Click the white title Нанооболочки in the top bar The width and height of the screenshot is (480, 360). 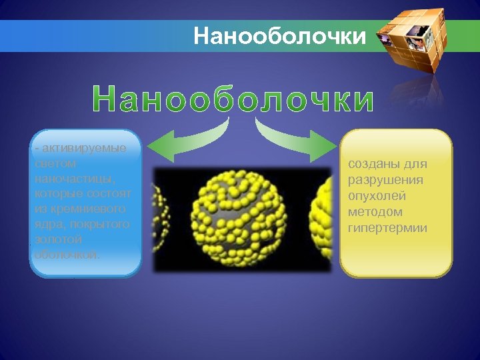(x=280, y=35)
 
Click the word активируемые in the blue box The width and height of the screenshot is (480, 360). (x=87, y=147)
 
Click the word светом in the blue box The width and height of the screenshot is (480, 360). (x=54, y=163)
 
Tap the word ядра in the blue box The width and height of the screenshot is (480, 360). (x=46, y=224)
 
